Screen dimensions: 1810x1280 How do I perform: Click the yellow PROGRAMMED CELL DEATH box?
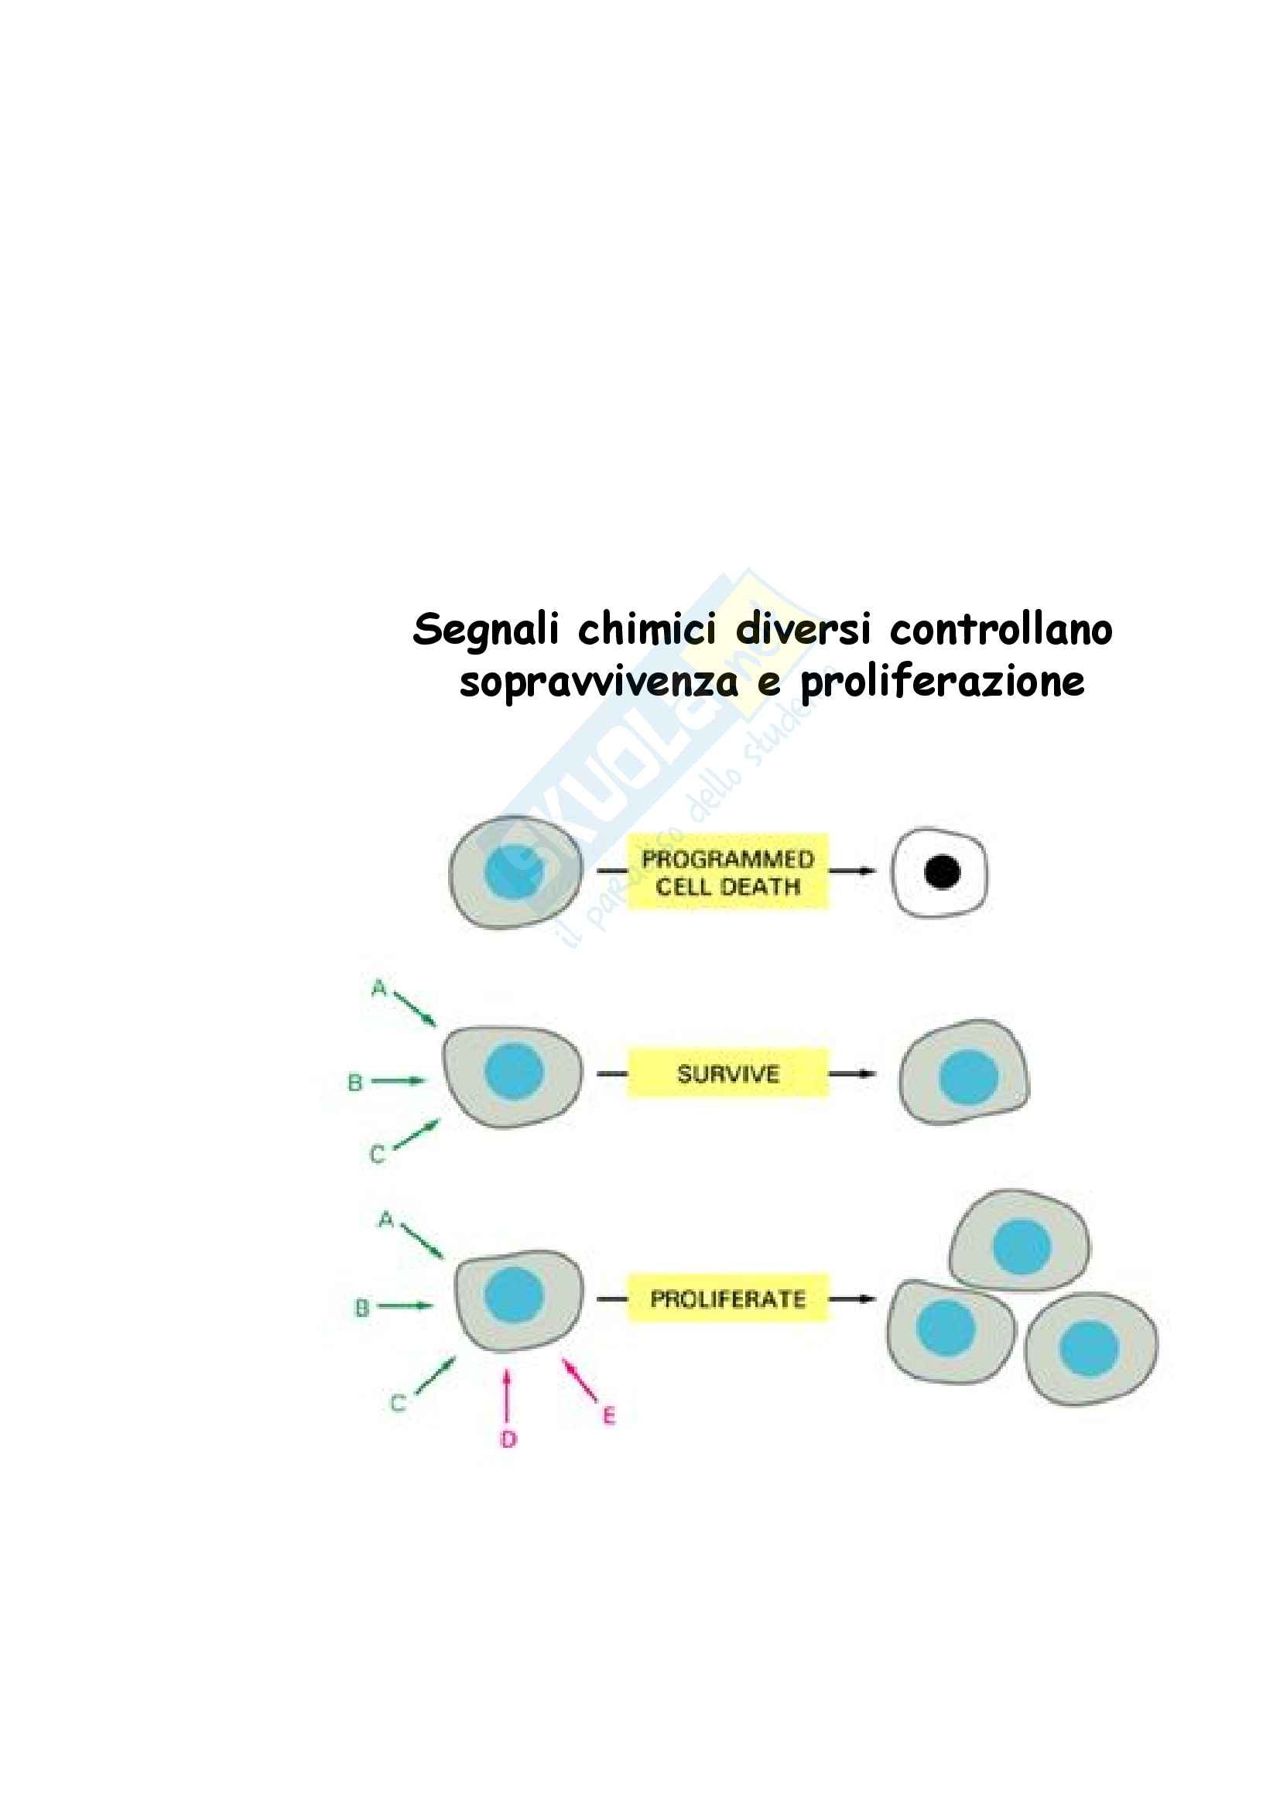pyautogui.click(x=727, y=872)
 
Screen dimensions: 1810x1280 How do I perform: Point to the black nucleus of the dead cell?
pyautogui.click(x=942, y=872)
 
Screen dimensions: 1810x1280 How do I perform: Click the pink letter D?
pyautogui.click(x=508, y=1439)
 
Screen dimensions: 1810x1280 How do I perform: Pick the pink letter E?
pyautogui.click(x=608, y=1416)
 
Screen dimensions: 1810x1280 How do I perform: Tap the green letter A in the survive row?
pyautogui.click(x=379, y=987)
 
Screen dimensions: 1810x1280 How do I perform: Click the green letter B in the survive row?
pyautogui.click(x=355, y=1083)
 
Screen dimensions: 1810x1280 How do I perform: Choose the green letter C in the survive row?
pyautogui.click(x=378, y=1155)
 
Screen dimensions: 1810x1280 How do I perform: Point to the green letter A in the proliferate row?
pyautogui.click(x=385, y=1220)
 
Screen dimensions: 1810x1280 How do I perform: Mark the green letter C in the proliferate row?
pyautogui.click(x=398, y=1403)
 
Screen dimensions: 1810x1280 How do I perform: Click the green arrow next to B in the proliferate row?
pyautogui.click(x=404, y=1305)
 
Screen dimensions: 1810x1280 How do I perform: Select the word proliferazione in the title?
pyautogui.click(x=942, y=682)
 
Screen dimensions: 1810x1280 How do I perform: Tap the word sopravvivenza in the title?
pyautogui.click(x=599, y=682)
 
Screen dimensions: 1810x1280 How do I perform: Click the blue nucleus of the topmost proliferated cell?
pyautogui.click(x=1022, y=1247)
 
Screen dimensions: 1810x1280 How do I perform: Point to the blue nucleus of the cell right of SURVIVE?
pyautogui.click(x=969, y=1077)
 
